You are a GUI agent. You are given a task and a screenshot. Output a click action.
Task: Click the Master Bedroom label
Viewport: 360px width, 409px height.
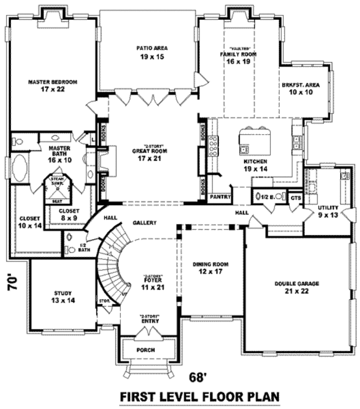click(x=53, y=85)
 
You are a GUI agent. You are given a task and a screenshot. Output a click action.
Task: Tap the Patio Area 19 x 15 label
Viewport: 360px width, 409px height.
click(x=151, y=52)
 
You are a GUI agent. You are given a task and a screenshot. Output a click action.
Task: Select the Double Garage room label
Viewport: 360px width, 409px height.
click(x=296, y=287)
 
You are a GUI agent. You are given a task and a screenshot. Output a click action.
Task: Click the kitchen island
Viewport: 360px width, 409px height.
click(x=250, y=140)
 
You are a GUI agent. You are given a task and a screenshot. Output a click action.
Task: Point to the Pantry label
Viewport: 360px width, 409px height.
click(x=220, y=196)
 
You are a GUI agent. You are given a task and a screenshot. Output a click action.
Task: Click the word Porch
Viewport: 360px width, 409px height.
click(x=146, y=350)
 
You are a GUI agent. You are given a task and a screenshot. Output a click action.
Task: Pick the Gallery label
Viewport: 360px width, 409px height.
click(x=145, y=222)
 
